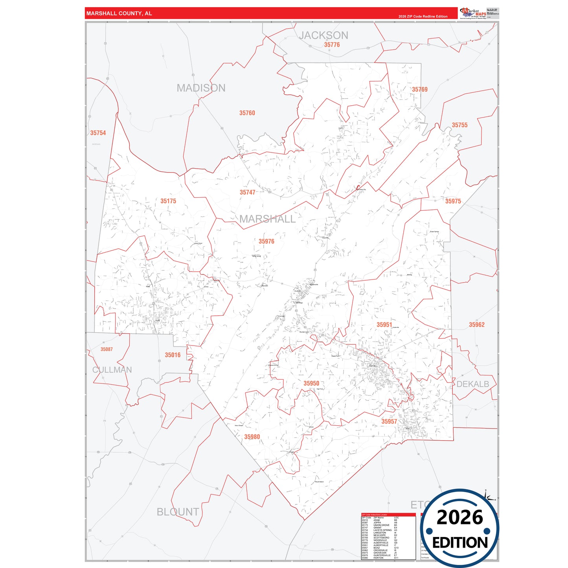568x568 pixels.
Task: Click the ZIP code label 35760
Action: coord(247,113)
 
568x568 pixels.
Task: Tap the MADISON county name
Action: coord(201,88)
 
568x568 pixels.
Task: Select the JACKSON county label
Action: coord(324,35)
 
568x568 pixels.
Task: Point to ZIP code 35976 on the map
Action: coord(267,241)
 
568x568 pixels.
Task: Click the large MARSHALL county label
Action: coord(267,219)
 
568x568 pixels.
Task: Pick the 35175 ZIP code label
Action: coord(168,201)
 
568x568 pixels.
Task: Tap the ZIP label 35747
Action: coord(248,192)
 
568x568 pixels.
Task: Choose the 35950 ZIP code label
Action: coord(311,384)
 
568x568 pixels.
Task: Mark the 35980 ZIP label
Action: coord(252,437)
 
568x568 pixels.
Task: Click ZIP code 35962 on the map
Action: coord(477,325)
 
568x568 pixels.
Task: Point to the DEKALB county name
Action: coord(472,384)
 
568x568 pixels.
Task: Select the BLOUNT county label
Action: coord(178,512)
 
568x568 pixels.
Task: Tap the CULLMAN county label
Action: coord(112,370)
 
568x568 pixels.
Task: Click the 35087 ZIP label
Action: coord(107,349)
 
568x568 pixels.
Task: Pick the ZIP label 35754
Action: coord(98,133)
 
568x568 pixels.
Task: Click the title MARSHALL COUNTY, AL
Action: coord(119,13)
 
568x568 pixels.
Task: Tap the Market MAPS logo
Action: coord(473,13)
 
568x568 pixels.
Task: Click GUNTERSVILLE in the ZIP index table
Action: coord(382,555)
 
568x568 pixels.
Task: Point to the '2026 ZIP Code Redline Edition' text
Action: coord(423,17)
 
